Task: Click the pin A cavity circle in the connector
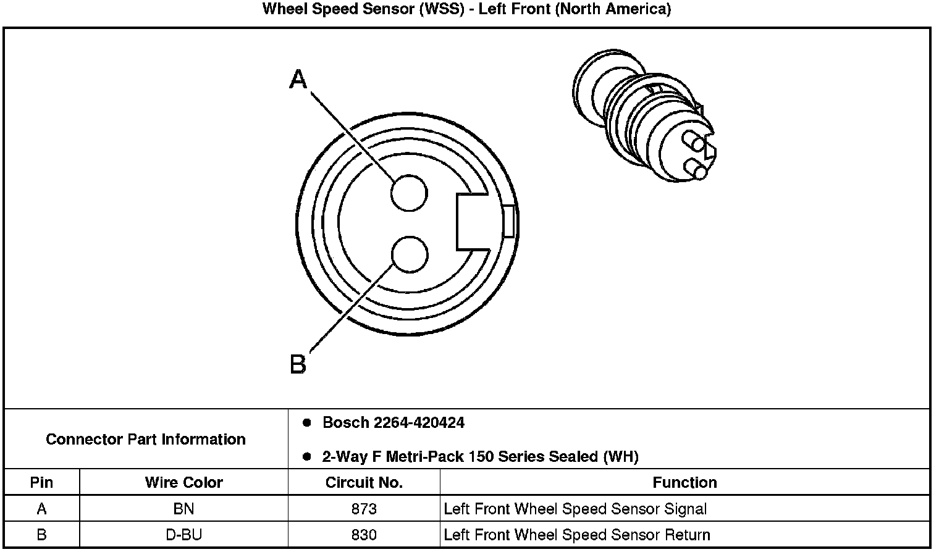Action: click(x=410, y=193)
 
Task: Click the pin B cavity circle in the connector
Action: click(x=410, y=255)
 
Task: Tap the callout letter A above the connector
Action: click(x=298, y=80)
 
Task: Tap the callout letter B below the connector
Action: click(x=298, y=364)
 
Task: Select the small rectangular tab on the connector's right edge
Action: click(x=508, y=221)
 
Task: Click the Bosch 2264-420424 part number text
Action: click(x=394, y=423)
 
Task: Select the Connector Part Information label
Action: click(x=146, y=440)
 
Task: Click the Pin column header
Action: click(x=41, y=482)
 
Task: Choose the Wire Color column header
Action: click(x=183, y=482)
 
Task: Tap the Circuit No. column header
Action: click(x=364, y=482)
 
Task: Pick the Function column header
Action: click(x=684, y=482)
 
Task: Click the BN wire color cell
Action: click(x=183, y=509)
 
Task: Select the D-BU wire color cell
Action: click(x=183, y=535)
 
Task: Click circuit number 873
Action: click(x=364, y=509)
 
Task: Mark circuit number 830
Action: click(x=364, y=535)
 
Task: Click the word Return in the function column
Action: click(x=687, y=535)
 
